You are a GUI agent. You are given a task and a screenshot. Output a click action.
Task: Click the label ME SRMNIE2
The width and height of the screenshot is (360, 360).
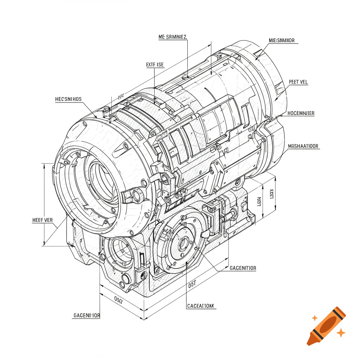click(173, 37)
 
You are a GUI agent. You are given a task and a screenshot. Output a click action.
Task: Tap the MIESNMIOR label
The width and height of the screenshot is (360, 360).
click(282, 40)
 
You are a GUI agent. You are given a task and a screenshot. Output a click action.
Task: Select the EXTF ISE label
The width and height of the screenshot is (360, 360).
click(155, 65)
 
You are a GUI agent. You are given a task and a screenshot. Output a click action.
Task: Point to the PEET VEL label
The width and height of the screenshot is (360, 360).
click(298, 82)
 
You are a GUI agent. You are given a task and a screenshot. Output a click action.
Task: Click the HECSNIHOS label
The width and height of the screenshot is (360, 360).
click(68, 99)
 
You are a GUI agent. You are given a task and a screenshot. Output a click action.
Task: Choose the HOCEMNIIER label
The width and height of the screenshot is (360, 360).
click(301, 113)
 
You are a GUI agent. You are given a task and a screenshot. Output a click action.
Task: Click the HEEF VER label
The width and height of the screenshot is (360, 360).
click(42, 220)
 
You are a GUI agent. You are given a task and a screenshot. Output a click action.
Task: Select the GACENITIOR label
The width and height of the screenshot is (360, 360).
click(243, 268)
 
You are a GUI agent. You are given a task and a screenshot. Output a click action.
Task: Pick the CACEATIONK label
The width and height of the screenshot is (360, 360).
click(200, 306)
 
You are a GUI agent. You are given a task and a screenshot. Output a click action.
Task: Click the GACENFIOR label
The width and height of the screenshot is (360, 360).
click(86, 315)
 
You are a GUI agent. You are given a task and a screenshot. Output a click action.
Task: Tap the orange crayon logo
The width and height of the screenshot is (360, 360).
click(326, 325)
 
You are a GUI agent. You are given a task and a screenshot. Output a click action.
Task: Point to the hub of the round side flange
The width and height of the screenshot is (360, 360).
click(184, 243)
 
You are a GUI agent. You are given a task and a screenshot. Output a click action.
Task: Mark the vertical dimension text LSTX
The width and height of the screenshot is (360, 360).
click(272, 194)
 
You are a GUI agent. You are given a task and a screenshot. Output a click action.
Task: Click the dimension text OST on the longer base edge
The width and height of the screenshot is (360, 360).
click(192, 283)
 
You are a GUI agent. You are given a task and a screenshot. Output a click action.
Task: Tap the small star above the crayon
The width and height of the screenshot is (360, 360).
click(315, 318)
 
